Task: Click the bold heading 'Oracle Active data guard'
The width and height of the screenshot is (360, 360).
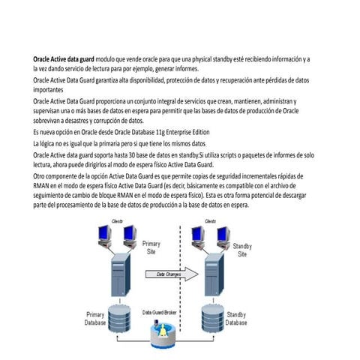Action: point(63,58)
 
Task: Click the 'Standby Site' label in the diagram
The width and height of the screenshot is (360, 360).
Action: point(242,250)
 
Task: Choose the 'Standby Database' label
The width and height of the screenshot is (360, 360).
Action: point(236,318)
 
